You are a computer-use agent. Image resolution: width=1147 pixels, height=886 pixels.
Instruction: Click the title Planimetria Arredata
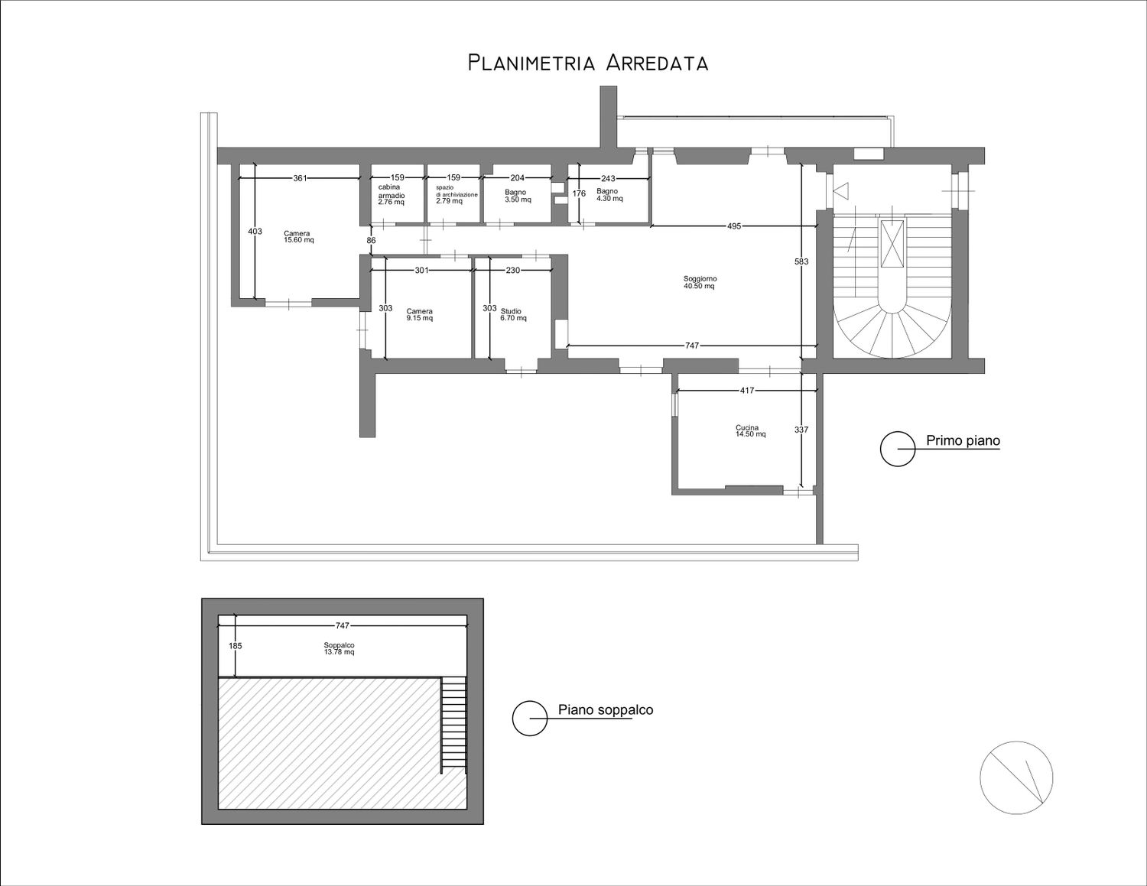coord(587,63)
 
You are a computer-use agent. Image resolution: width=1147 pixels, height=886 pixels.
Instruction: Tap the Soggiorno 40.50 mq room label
coord(700,282)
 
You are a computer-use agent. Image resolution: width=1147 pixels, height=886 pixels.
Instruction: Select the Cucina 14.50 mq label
coord(750,431)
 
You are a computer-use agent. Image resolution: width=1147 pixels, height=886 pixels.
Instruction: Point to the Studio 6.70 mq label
coord(514,314)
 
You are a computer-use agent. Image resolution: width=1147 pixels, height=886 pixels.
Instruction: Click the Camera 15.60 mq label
coord(299,236)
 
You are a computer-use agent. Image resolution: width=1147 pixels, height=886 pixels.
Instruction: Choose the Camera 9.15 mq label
coord(420,314)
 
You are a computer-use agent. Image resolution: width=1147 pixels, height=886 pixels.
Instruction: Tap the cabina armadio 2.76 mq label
coord(392,194)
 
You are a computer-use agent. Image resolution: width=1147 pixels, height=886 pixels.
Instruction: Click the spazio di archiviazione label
coord(457,194)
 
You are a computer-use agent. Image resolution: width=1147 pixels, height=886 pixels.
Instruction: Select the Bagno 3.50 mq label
coord(518,196)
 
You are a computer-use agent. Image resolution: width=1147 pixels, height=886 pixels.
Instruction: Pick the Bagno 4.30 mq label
coord(609,195)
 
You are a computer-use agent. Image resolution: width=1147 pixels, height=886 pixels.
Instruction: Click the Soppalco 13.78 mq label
coord(339,648)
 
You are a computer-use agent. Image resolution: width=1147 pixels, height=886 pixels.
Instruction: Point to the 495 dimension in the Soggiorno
coord(734,226)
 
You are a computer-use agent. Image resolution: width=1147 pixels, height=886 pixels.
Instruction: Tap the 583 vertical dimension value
coord(801,261)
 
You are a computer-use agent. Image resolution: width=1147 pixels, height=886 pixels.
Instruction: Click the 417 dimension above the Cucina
coord(747,391)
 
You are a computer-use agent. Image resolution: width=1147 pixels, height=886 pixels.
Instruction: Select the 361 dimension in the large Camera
coord(300,178)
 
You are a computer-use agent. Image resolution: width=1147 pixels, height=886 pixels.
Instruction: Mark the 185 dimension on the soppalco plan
coord(236,646)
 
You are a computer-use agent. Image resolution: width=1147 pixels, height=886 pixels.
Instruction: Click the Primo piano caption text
coord(963,440)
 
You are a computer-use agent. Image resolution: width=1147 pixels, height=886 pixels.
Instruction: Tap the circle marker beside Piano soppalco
coord(530,718)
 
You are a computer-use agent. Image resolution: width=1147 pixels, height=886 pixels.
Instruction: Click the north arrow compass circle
coord(1016,777)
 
